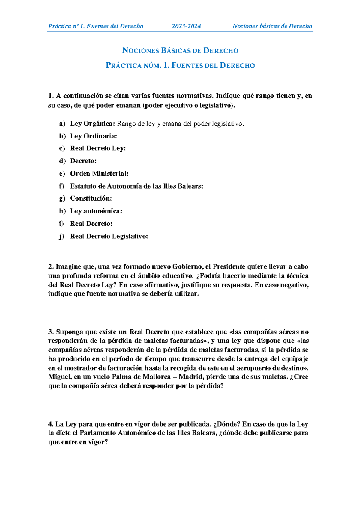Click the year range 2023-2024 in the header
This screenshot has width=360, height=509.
tap(186, 26)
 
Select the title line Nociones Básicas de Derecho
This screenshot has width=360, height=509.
tap(180, 51)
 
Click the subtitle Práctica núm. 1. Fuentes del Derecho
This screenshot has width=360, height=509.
tap(180, 66)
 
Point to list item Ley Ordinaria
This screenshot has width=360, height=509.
tap(93, 136)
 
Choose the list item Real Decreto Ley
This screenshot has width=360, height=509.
tap(98, 149)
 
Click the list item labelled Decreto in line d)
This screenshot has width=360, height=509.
tap(83, 161)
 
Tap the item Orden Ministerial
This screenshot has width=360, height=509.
tap(99, 174)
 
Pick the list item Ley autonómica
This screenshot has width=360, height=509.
tap(96, 211)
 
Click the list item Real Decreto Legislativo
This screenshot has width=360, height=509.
tap(109, 236)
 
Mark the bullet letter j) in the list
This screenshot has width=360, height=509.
tap(61, 237)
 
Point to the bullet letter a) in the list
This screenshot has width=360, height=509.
tap(62, 124)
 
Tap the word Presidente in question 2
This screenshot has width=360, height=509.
tap(228, 267)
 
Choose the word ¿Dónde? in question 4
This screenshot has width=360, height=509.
tap(226, 424)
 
